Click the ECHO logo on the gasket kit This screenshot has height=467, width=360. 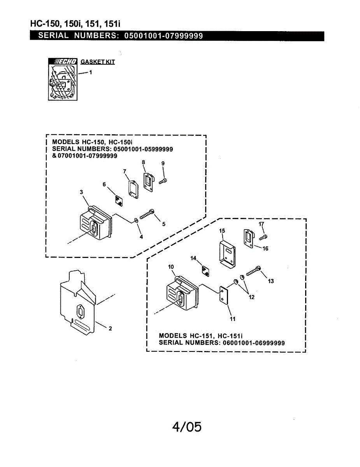(63, 61)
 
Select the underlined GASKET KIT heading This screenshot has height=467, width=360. (97, 62)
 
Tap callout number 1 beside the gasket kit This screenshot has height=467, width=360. (91, 72)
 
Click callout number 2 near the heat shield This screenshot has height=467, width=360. (110, 328)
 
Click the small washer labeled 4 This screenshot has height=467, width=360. (136, 221)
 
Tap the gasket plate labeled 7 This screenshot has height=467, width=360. (132, 188)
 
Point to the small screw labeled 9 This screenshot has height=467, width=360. (164, 181)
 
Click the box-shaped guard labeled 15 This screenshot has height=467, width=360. (227, 254)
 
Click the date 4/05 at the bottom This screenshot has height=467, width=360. (187, 427)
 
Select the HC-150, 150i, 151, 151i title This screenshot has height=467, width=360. (76, 24)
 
